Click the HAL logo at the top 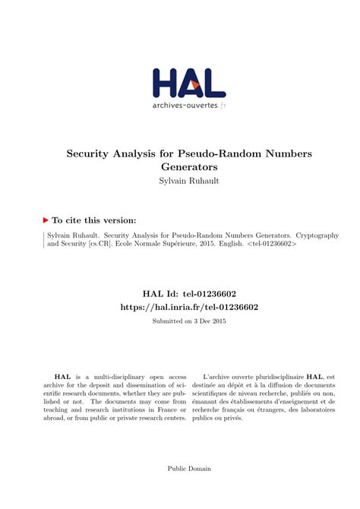click(188, 82)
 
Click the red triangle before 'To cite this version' click(46, 220)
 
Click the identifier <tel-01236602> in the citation click(271, 246)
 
